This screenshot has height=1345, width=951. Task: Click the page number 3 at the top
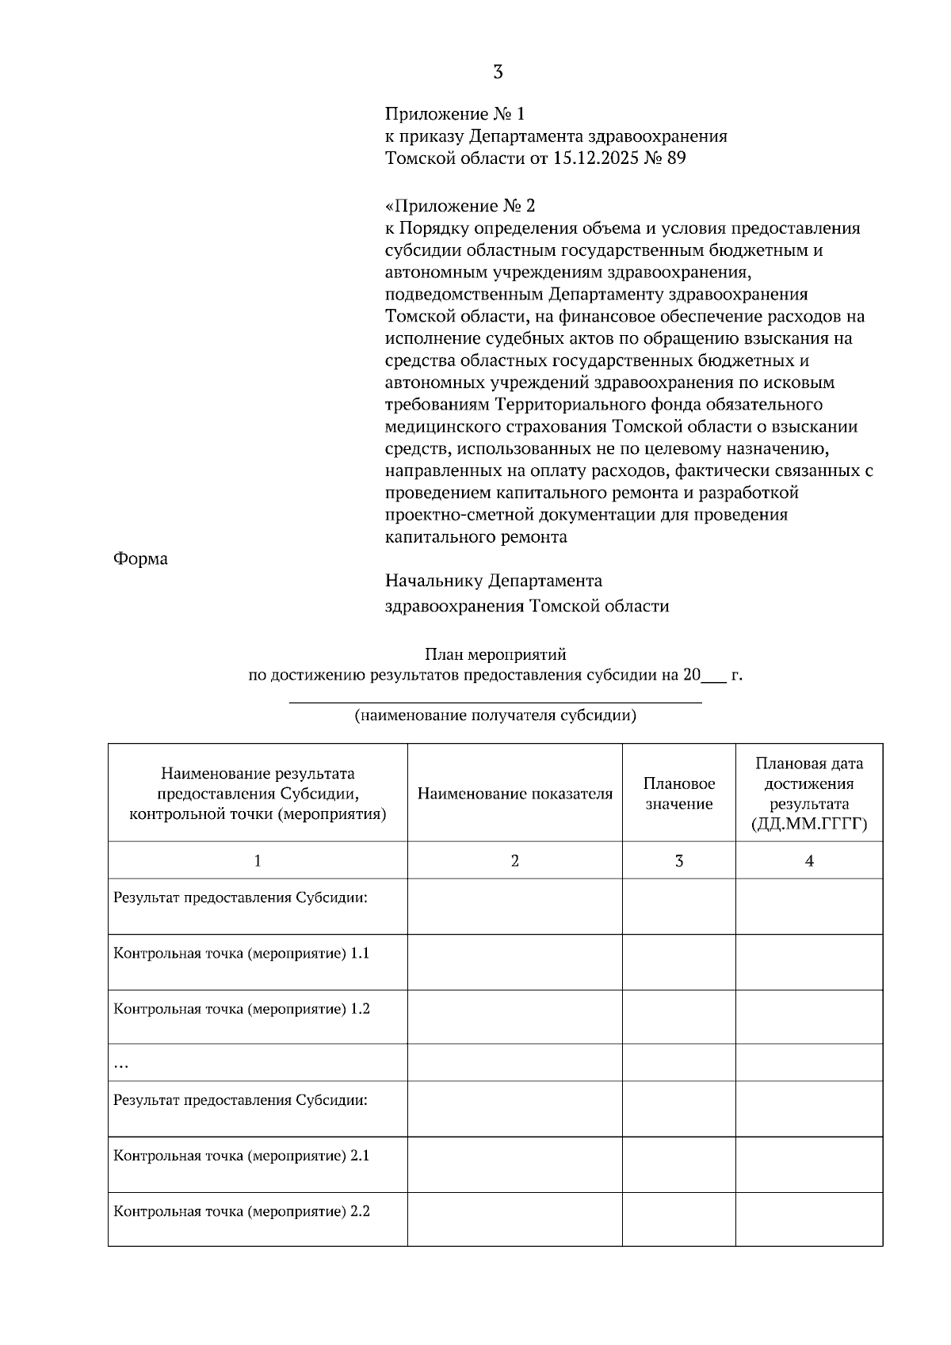click(x=498, y=73)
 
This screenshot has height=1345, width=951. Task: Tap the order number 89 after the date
click(x=676, y=158)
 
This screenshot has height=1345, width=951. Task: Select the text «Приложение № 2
click(x=460, y=207)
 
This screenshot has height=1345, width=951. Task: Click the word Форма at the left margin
click(x=140, y=559)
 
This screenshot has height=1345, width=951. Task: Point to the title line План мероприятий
click(x=495, y=655)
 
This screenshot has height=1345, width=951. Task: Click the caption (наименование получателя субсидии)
click(x=495, y=716)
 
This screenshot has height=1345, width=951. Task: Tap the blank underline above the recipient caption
click(x=495, y=701)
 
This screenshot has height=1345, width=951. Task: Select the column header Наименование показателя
click(x=514, y=794)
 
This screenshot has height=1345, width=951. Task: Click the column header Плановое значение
click(x=678, y=794)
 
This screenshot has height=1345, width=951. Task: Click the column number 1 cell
click(x=258, y=861)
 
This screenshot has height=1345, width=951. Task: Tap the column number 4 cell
click(x=808, y=861)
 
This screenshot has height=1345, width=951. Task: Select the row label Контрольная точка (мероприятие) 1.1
click(x=242, y=954)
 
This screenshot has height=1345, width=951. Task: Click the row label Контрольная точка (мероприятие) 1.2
click(x=242, y=1009)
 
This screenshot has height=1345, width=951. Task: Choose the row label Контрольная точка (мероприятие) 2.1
click(x=242, y=1156)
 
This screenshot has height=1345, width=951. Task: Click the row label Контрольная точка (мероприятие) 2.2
click(x=242, y=1211)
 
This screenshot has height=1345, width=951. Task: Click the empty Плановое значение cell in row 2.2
click(x=678, y=1219)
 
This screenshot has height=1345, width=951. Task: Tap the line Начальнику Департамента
click(x=493, y=581)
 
